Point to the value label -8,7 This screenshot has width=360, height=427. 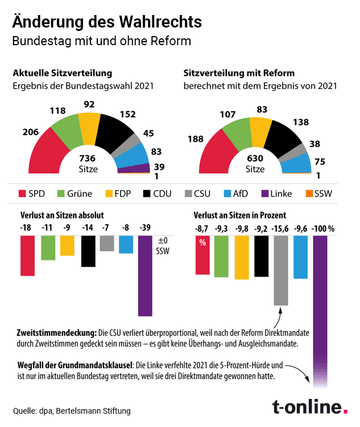(201, 228)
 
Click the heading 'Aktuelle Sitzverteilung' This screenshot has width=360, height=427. (65, 74)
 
